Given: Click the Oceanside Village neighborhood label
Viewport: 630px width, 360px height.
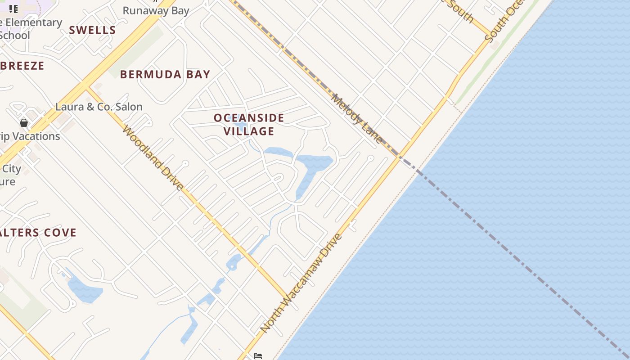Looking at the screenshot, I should click(249, 125).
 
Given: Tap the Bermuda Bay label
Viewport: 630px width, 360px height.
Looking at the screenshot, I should click(165, 74).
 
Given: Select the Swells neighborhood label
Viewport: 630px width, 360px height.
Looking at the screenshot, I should click(92, 30).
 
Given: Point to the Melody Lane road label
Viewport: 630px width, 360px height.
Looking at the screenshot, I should click(357, 118).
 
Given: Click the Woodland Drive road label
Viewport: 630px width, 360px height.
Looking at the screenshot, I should click(153, 158).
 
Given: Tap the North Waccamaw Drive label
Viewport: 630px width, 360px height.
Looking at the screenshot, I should click(301, 283).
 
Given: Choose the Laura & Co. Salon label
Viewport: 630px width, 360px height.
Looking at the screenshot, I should click(99, 107).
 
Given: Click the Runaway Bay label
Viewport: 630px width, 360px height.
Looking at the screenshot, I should click(156, 10).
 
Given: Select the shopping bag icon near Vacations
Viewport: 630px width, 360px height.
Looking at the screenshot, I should click(24, 122).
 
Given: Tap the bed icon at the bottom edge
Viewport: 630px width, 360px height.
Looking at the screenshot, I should click(257, 356).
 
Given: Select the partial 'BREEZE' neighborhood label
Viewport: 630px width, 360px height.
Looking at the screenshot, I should click(22, 66).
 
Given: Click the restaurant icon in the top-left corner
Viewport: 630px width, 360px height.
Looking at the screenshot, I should click(13, 9).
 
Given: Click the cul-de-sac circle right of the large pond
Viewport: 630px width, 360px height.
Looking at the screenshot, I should click(370, 158).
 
